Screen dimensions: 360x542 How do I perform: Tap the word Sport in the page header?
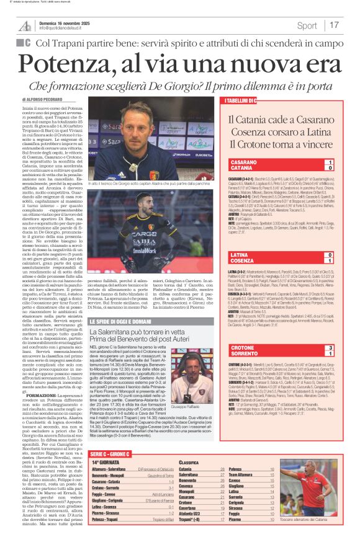(307, 25)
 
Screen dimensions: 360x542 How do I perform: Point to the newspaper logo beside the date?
(25, 25)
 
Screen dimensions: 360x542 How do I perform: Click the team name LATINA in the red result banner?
(240, 255)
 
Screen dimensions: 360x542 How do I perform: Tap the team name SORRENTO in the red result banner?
(244, 355)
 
